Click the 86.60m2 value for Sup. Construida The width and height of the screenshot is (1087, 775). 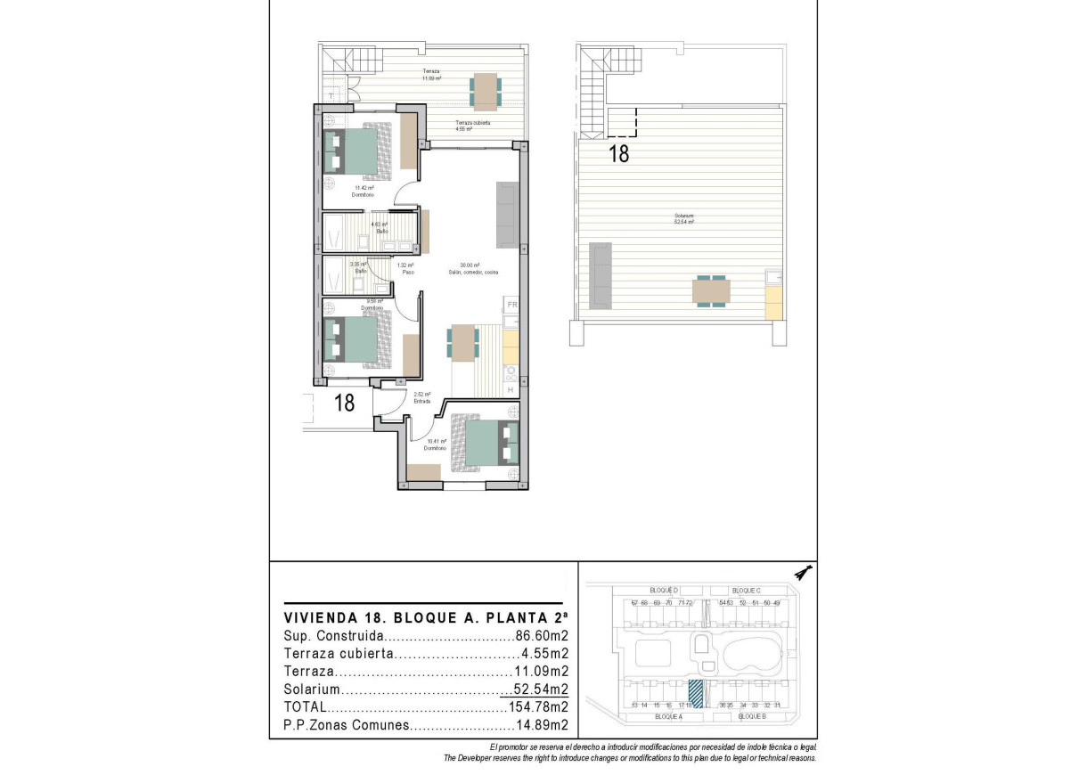542,637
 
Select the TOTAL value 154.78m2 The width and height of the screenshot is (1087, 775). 538,707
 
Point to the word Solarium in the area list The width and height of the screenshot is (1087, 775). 312,690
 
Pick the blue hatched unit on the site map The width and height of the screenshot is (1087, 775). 696,693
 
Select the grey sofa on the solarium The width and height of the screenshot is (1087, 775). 601,276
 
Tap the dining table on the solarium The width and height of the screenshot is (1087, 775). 710,291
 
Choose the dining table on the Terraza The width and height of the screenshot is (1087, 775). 486,90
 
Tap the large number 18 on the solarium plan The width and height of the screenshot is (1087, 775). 618,154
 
